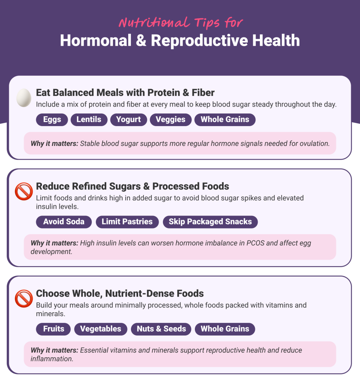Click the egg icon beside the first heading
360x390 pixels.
click(x=24, y=97)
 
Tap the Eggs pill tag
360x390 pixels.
click(x=52, y=119)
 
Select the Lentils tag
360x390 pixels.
click(x=89, y=119)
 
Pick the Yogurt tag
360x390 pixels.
click(x=128, y=119)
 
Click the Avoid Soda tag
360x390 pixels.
click(x=64, y=222)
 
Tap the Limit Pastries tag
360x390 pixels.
click(x=127, y=222)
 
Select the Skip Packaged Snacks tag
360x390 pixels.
click(x=210, y=222)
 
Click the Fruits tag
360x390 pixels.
click(x=54, y=329)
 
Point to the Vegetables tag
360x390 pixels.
click(x=100, y=329)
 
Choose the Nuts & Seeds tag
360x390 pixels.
click(x=161, y=329)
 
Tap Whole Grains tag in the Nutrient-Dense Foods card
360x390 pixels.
click(x=225, y=329)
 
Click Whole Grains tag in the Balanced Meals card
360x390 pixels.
click(x=225, y=119)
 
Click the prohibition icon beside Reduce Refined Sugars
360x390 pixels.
click(x=24, y=192)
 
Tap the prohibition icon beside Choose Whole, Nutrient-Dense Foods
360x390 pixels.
click(x=24, y=299)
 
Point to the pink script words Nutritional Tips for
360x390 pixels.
click(x=180, y=23)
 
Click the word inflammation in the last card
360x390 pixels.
click(x=51, y=359)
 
